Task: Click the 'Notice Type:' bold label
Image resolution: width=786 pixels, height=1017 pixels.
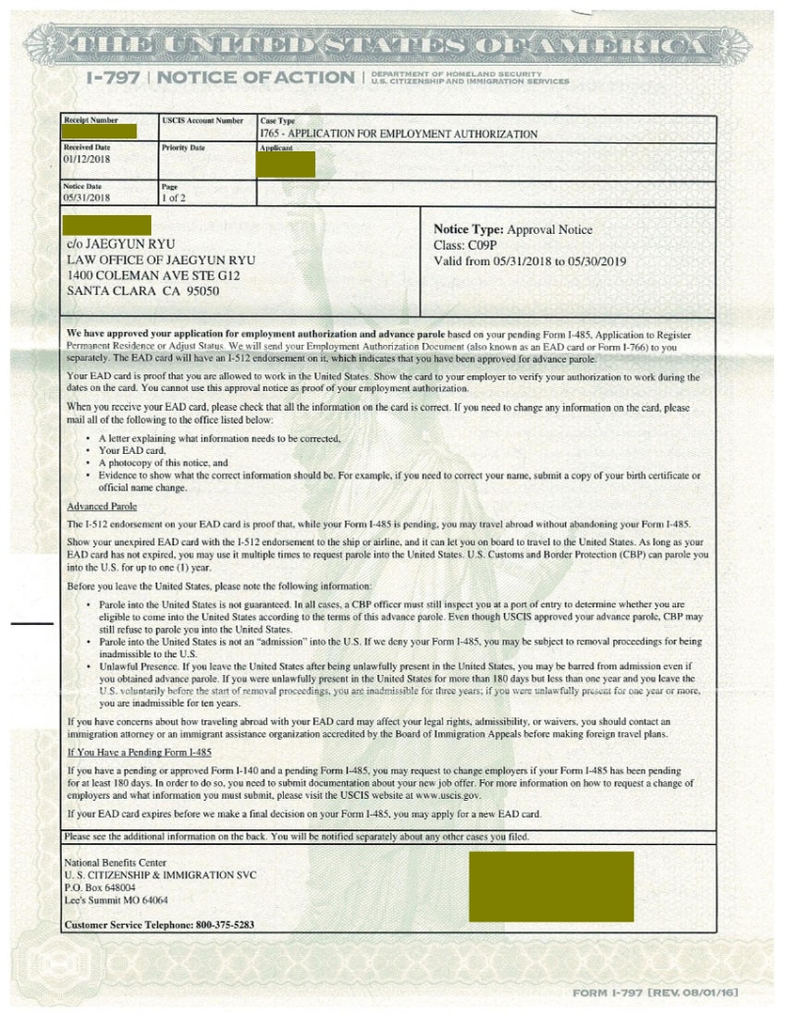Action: [468, 229]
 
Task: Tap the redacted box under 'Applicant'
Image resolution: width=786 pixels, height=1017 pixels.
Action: [285, 165]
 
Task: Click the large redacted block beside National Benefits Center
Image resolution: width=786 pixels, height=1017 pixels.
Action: [551, 886]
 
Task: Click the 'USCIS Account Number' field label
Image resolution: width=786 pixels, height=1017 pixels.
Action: [201, 121]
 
